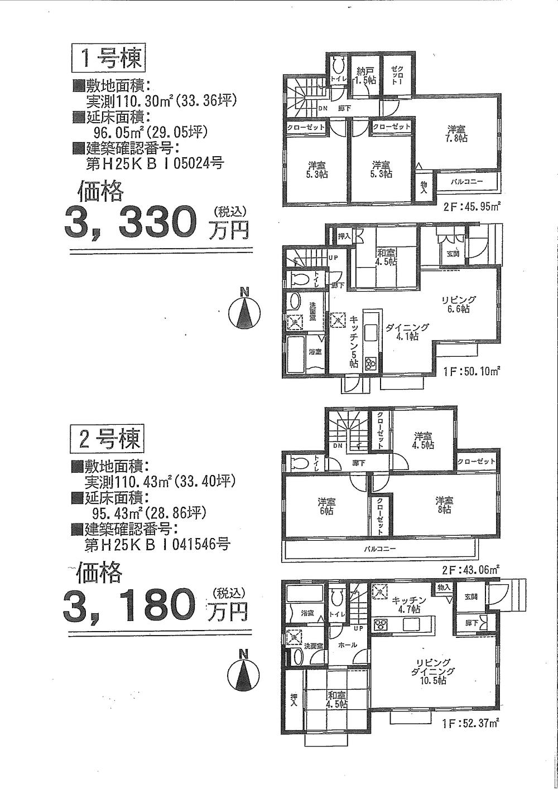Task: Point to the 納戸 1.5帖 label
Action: pos(365,75)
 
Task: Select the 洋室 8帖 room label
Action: pos(444,505)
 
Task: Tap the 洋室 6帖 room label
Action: pos(326,505)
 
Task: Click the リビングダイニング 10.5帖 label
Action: pos(433,672)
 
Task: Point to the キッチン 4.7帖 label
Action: pos(409,604)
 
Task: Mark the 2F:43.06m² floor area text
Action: pos(472,570)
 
